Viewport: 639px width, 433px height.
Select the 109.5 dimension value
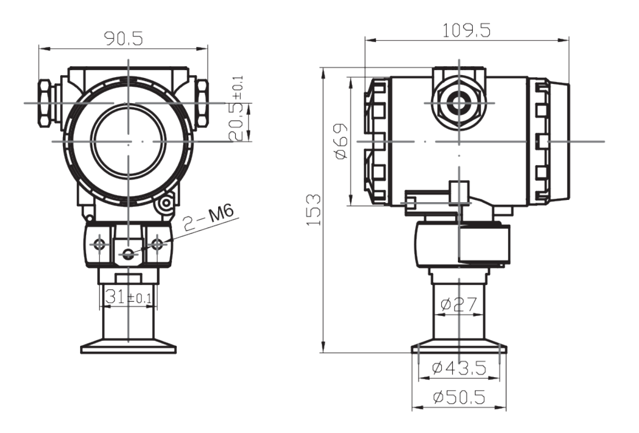[467, 31]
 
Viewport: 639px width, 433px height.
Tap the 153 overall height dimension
[314, 209]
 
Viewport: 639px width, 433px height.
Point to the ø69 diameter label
[341, 141]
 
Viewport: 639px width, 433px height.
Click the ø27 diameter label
[460, 304]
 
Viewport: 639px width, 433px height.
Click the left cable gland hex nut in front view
[44, 102]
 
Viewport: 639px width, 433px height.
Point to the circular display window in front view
[128, 142]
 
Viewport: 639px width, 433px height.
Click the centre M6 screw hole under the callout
[128, 254]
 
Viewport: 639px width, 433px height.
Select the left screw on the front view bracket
[99, 244]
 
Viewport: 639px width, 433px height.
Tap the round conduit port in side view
[459, 103]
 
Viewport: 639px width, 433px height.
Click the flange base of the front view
[128, 347]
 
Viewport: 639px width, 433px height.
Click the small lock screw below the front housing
[165, 205]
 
